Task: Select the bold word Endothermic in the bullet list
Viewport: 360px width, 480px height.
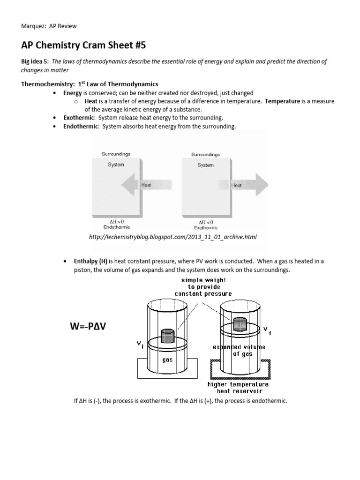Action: (81, 127)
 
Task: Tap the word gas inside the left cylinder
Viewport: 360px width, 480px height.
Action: (168, 360)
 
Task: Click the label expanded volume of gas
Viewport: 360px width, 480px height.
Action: (239, 350)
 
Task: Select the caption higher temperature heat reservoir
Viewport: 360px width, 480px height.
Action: (238, 387)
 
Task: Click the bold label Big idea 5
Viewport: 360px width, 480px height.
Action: (35, 62)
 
